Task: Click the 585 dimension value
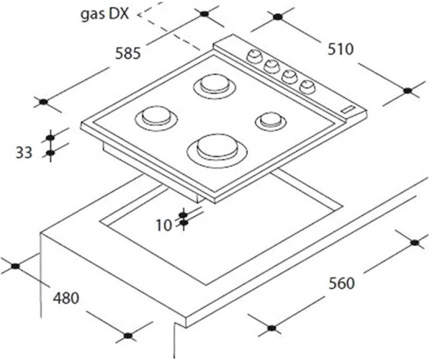click(127, 53)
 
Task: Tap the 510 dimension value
click(341, 50)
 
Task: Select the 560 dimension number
click(341, 284)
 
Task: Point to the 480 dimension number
click(66, 298)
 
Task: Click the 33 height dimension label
click(24, 153)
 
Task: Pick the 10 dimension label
click(164, 225)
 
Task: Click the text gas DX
click(104, 14)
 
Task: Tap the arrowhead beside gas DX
click(140, 14)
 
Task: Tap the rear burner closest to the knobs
click(215, 86)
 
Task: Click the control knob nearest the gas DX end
click(254, 55)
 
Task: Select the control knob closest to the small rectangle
click(307, 86)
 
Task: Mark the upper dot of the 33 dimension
click(50, 138)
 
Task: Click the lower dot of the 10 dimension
click(184, 222)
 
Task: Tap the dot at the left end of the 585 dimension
click(43, 102)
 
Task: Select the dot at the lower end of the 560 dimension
click(271, 328)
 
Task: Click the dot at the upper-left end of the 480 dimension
click(15, 266)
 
